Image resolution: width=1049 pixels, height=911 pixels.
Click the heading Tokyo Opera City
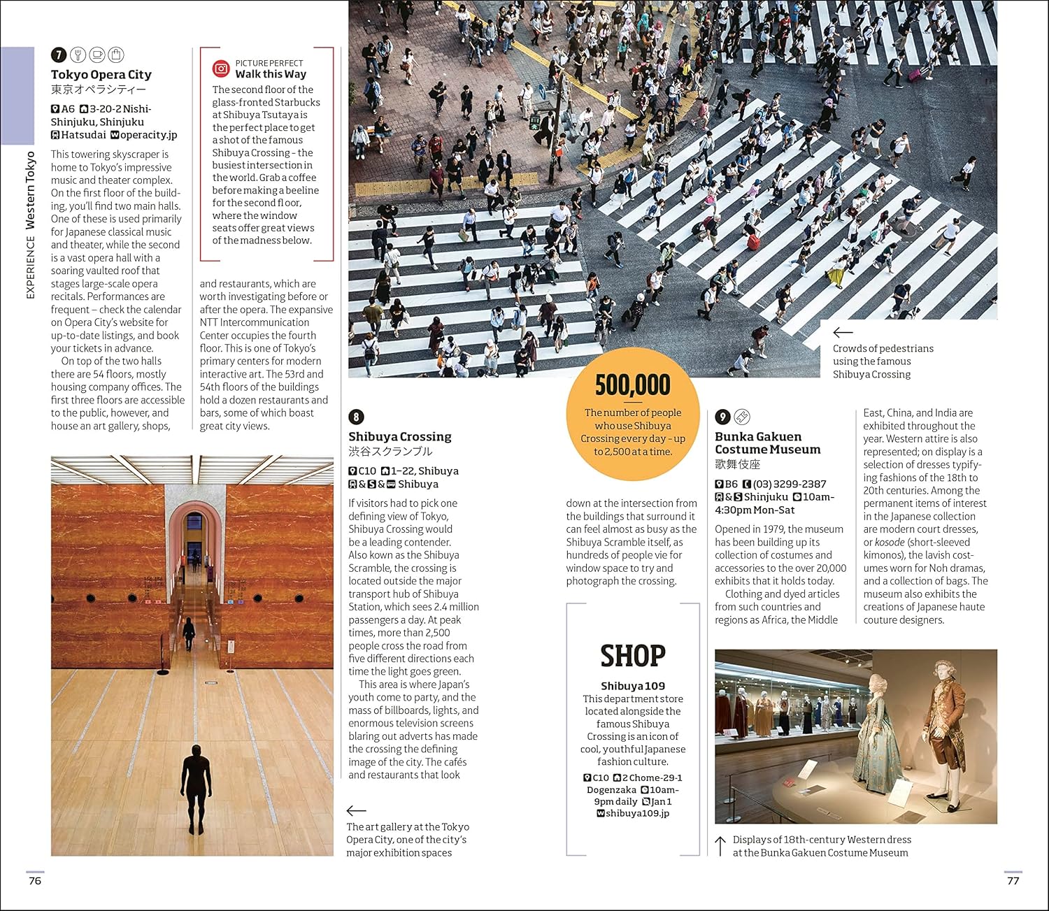pos(101,75)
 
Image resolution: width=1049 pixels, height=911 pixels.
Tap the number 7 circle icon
pos(59,55)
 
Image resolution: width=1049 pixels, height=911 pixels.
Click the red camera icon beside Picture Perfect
pos(221,69)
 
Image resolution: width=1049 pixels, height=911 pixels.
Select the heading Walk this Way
pos(271,74)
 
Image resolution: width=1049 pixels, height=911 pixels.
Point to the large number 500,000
pos(632,385)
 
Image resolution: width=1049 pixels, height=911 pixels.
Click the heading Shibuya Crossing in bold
pos(400,437)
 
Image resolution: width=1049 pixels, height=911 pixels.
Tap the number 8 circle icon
pos(356,417)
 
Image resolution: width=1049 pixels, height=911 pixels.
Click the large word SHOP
pos(633,656)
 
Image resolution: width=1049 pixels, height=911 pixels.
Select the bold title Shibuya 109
pos(633,686)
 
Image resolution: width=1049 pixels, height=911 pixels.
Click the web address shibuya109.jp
pos(637,813)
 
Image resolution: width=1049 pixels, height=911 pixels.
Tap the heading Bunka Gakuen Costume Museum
pos(767,443)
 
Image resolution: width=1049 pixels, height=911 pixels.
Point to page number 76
pos(35,881)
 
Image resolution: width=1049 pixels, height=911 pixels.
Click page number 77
pos(1013,881)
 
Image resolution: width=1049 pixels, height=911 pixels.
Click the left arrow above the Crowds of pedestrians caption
pos(843,333)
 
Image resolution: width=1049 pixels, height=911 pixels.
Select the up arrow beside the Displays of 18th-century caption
pos(720,846)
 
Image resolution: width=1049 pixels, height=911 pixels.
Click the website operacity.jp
pos(148,135)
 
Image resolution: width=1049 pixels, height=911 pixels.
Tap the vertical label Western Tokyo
pos(30,190)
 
